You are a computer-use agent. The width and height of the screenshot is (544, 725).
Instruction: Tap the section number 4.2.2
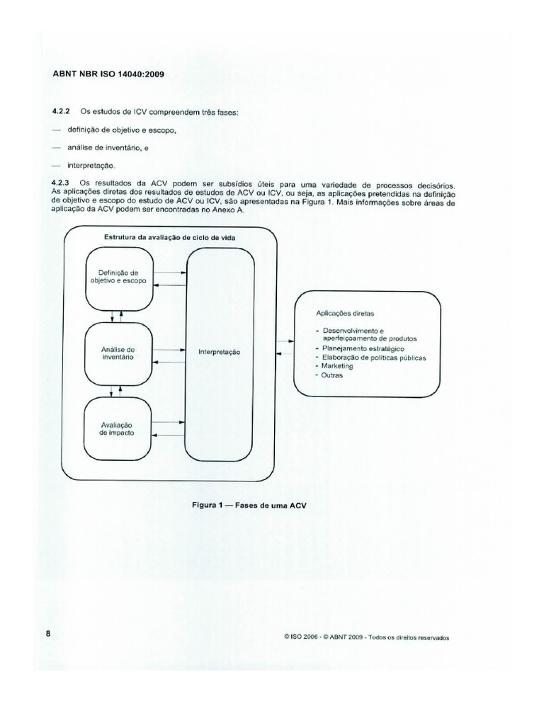62,112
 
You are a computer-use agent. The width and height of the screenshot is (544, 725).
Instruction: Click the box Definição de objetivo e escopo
118,277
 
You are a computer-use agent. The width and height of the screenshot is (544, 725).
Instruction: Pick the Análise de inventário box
118,353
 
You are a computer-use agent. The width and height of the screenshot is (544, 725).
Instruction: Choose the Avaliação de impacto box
118,428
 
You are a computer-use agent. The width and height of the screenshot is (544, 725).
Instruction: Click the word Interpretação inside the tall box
220,352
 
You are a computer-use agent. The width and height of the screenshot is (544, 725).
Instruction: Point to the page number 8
49,634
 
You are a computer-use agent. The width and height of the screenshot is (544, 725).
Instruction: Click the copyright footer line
366,636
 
